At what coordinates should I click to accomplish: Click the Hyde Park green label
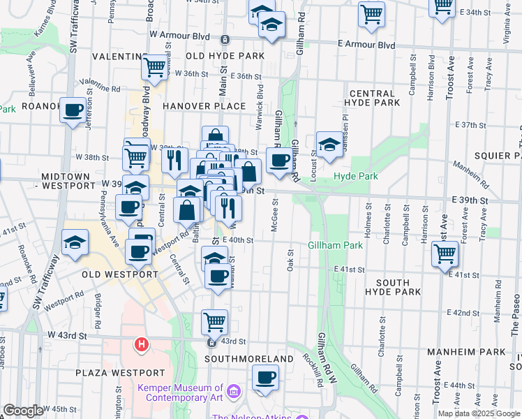(356, 177)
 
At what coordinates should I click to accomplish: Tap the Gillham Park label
(336, 245)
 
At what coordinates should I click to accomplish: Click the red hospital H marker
(142, 344)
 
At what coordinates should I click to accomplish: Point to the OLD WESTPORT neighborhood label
(120, 274)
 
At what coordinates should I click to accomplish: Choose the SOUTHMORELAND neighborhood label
(249, 358)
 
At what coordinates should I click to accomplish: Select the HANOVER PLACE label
(204, 106)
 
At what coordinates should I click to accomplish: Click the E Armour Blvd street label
(366, 45)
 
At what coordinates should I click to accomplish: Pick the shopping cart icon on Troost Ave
(445, 253)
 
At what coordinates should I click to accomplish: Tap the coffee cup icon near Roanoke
(73, 110)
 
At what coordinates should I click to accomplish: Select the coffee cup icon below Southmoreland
(264, 378)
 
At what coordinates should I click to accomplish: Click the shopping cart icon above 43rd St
(214, 322)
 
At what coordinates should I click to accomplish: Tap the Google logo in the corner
(23, 411)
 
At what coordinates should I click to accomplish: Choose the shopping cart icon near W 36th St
(154, 67)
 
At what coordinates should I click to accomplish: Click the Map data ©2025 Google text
(479, 413)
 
